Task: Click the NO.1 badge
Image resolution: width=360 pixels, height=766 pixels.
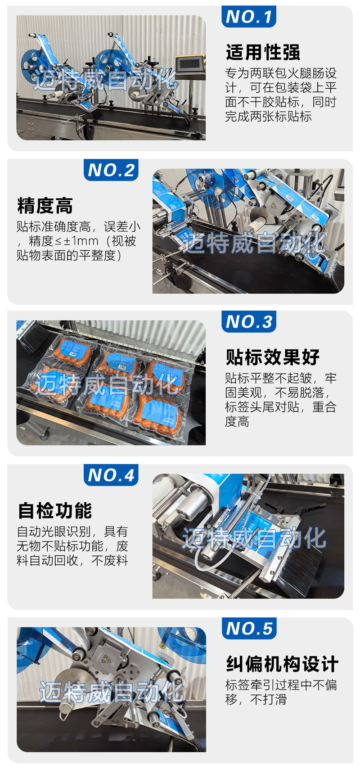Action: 248,16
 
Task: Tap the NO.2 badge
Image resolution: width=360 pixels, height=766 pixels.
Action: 111,170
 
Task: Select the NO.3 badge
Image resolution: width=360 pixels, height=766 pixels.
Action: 248,321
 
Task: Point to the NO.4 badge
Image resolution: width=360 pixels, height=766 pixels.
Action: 111,475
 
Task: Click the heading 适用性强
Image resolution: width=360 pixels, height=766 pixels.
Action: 263,52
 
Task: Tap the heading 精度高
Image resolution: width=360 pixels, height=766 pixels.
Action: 45,206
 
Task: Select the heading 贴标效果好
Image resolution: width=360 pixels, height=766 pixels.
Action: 273,357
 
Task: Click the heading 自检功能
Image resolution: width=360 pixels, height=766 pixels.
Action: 55,511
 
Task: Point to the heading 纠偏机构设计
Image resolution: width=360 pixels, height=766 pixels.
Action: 282,664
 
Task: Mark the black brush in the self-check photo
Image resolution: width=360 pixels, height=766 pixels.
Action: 301,569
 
